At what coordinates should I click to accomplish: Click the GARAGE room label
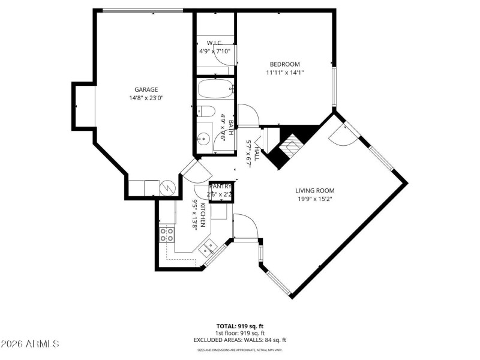tap(146, 89)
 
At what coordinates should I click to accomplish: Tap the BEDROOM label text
tap(284, 64)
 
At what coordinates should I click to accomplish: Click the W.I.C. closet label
tap(215, 43)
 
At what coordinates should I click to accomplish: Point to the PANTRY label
tap(220, 187)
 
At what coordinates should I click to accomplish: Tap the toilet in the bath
tap(206, 112)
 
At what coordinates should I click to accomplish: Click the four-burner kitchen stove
tap(167, 234)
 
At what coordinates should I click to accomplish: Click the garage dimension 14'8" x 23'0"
tap(146, 98)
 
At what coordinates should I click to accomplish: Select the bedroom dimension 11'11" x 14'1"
tap(284, 73)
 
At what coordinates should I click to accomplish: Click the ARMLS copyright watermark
tap(30, 344)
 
